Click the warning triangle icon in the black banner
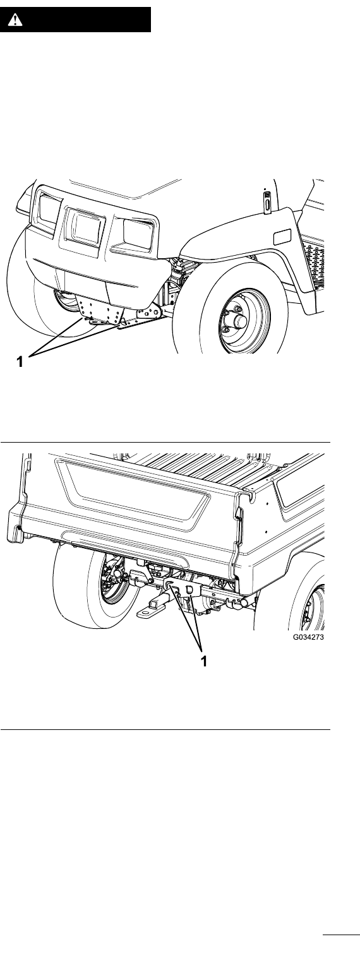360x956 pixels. (x=15, y=20)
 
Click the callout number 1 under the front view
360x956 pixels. (x=19, y=362)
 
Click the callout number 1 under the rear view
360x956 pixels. (x=204, y=661)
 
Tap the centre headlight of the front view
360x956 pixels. (x=85, y=227)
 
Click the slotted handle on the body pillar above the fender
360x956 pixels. (x=267, y=203)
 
